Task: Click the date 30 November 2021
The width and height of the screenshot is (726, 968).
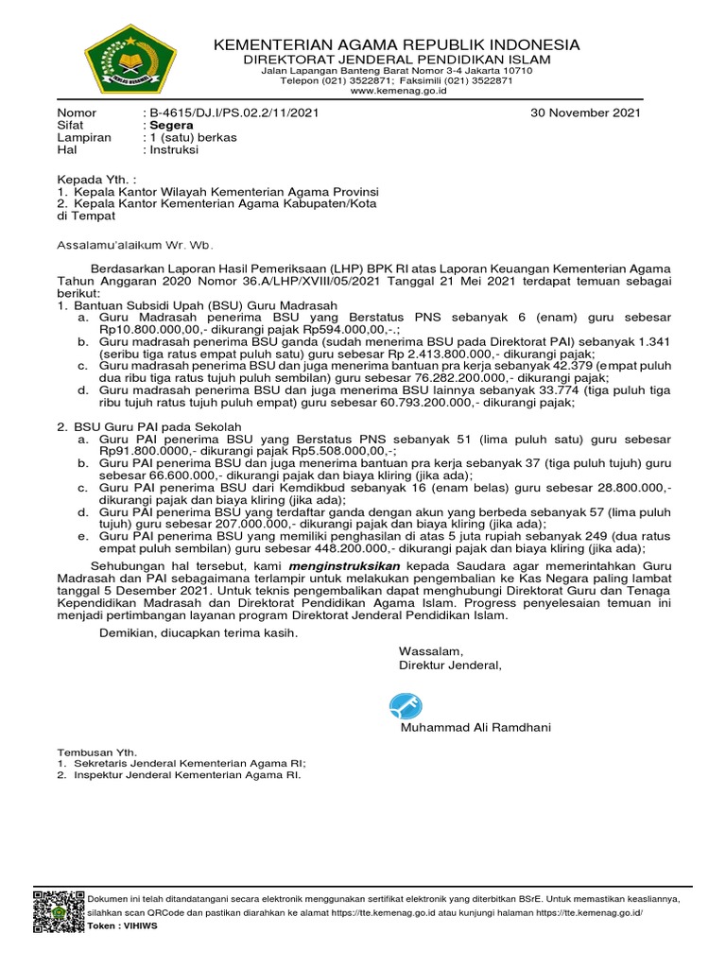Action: (586, 112)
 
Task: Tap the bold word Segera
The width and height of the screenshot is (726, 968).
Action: (168, 125)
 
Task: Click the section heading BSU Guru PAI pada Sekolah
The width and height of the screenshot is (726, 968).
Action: (158, 427)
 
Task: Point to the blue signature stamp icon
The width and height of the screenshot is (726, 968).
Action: (406, 706)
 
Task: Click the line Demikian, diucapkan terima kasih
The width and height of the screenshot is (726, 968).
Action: (185, 632)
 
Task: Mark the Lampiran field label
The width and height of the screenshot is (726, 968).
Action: (84, 137)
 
